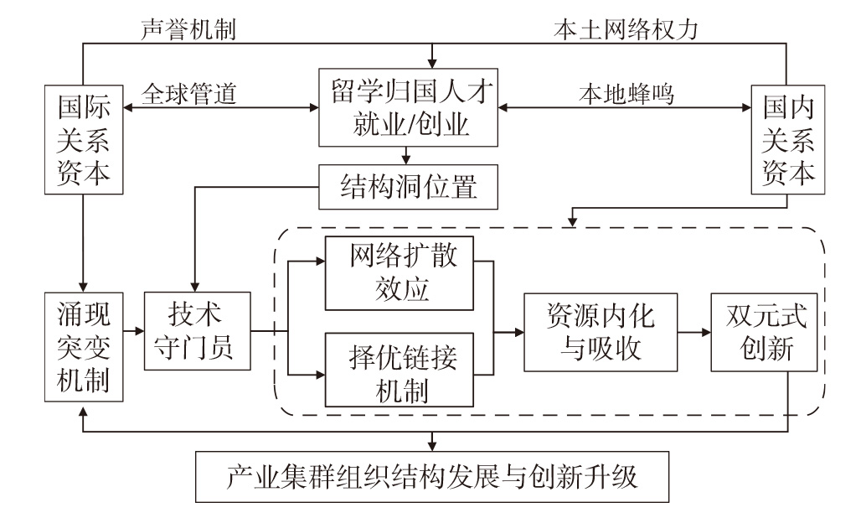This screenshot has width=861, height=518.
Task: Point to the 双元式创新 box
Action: (762, 332)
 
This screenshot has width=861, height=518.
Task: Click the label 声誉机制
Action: (188, 29)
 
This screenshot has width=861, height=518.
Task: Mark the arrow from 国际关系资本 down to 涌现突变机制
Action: (83, 243)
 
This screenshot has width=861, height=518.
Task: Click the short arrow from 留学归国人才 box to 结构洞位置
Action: (407, 154)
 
